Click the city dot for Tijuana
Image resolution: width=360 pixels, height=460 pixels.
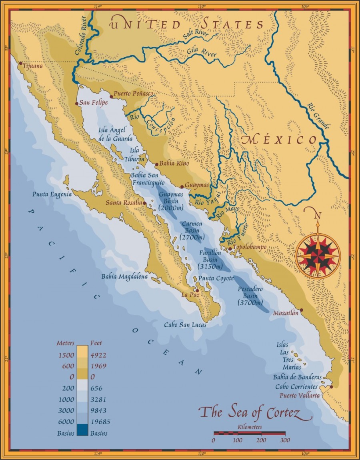(20, 63)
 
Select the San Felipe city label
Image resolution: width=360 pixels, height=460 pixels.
(94, 103)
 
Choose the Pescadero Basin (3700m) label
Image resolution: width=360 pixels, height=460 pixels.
(250, 295)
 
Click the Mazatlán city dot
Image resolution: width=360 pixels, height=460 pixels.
(301, 310)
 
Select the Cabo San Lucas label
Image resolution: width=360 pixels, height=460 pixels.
(185, 325)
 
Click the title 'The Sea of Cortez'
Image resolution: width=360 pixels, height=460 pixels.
(255, 412)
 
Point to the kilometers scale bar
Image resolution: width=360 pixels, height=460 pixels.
(249, 433)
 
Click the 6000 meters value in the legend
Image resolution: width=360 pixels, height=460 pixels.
(65, 422)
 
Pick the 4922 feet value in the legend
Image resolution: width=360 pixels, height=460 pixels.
(98, 354)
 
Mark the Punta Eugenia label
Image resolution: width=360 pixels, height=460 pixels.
(52, 194)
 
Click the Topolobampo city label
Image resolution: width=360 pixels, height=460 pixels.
(250, 247)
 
